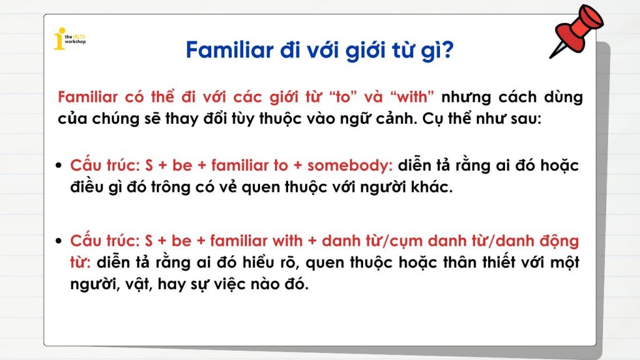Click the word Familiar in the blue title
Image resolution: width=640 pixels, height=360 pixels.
pyautogui.click(x=230, y=50)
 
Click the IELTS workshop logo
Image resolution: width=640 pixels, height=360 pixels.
pyautogui.click(x=69, y=39)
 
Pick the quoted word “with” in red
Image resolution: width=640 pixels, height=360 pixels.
pyautogui.click(x=412, y=97)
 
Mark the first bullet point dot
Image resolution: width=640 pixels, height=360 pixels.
pyautogui.click(x=59, y=166)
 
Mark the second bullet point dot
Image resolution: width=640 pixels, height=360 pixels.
pyautogui.click(x=59, y=241)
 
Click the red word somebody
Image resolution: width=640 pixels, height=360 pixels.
pyautogui.click(x=349, y=165)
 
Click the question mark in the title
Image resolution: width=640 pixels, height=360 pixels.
pyautogui.click(x=447, y=50)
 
